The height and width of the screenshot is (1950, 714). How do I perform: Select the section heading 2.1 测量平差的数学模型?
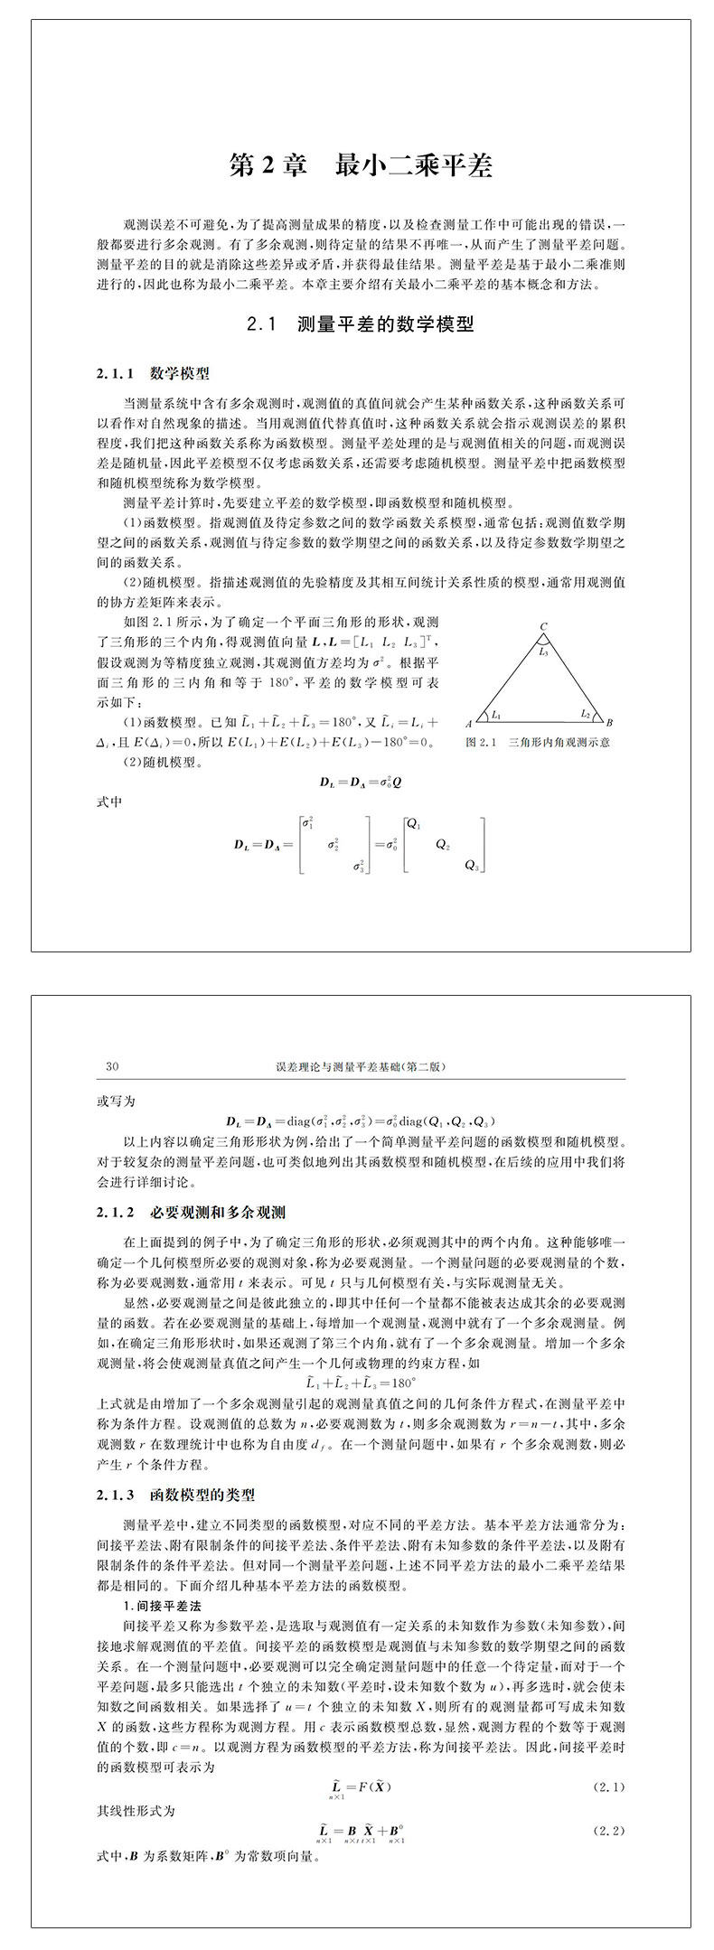pos(361,324)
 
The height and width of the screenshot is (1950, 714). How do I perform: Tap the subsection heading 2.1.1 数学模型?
pos(153,373)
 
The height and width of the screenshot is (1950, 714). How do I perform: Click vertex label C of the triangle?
pos(543,626)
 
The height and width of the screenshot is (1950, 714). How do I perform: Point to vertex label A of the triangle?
pos(469,724)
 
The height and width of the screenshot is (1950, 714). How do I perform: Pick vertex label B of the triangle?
pos(609,723)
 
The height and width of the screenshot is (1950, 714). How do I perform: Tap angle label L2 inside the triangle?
pos(585,714)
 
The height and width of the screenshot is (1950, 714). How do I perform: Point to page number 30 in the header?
pos(113,1066)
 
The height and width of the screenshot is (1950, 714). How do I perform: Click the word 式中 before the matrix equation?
pos(109,801)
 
